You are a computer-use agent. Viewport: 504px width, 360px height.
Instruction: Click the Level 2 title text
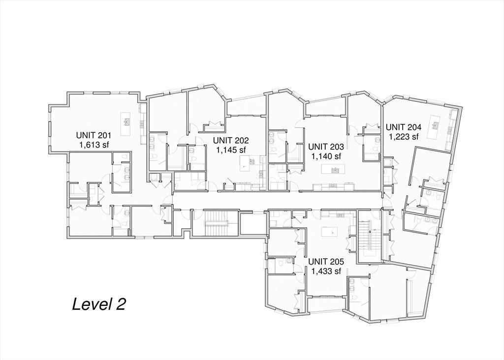coord(98,304)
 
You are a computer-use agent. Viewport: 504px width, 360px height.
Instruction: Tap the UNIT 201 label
coord(94,135)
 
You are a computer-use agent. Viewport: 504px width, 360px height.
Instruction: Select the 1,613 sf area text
coord(94,145)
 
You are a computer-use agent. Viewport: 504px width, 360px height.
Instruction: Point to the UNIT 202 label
coord(231,140)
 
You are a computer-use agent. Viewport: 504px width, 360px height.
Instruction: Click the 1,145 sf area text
coord(231,150)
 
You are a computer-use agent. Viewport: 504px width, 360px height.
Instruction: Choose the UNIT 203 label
coord(326,147)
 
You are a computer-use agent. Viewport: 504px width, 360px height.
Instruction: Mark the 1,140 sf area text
coord(326,156)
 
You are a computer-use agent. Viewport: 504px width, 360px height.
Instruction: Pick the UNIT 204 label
coord(404,127)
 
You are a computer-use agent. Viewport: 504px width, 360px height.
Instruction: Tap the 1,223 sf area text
coord(404,137)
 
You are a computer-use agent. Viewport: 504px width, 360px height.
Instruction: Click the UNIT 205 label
coord(326,262)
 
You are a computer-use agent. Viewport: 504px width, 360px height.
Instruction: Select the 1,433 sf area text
coord(326,271)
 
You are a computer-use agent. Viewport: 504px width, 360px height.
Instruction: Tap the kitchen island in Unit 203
coord(333,169)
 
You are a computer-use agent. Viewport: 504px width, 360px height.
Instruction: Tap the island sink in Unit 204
coord(436,125)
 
